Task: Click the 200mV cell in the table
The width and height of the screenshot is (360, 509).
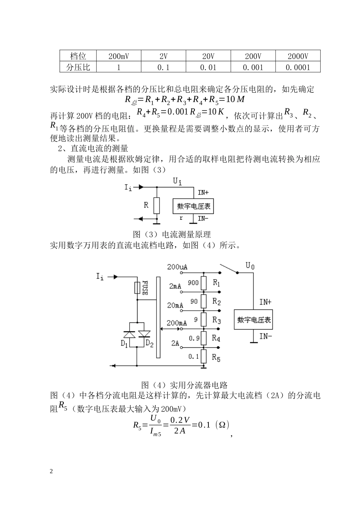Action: tap(119, 57)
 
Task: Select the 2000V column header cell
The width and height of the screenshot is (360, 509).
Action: tap(298, 57)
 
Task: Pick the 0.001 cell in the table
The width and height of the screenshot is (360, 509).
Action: tap(253, 68)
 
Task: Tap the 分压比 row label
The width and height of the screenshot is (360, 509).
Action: tap(78, 68)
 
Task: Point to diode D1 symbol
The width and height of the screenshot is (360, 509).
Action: tap(130, 334)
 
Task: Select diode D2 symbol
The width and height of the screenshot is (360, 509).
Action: tap(144, 334)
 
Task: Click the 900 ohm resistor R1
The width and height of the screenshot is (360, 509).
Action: tap(203, 283)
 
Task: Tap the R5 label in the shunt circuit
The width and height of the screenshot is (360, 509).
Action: tap(216, 358)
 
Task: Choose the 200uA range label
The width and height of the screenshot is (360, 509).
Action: tap(177, 267)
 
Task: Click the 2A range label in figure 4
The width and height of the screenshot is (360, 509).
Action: tap(175, 343)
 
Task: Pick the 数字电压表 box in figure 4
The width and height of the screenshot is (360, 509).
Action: tap(254, 319)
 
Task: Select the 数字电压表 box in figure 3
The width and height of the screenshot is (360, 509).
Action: tap(193, 206)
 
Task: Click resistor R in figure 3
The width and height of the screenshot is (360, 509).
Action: tap(157, 206)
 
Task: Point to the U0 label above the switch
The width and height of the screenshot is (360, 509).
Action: tap(250, 265)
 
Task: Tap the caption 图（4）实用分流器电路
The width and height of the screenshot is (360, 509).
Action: tap(184, 385)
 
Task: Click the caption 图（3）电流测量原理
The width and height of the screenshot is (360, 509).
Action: tap(172, 234)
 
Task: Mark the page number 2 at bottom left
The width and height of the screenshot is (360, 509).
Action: tap(52, 471)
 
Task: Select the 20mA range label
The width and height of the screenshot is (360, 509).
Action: tap(175, 305)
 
